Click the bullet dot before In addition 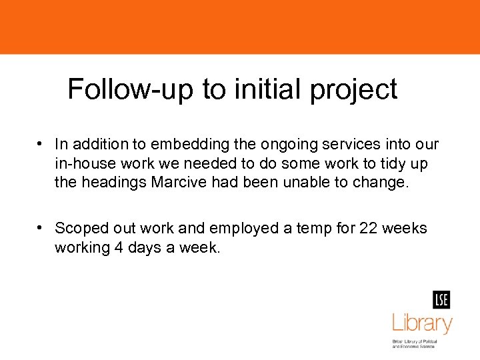(41, 143)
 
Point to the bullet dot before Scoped (41, 228)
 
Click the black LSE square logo (441, 300)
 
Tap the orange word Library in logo (422, 324)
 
